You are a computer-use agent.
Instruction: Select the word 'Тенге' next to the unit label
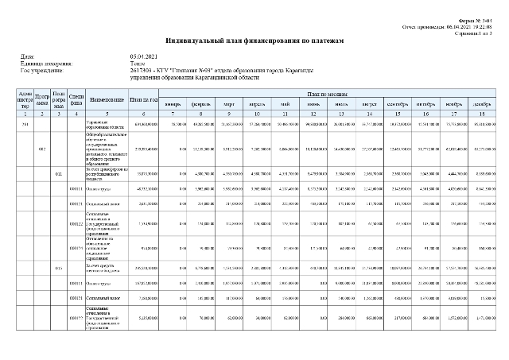(137, 63)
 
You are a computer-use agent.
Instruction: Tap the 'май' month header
(286, 103)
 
